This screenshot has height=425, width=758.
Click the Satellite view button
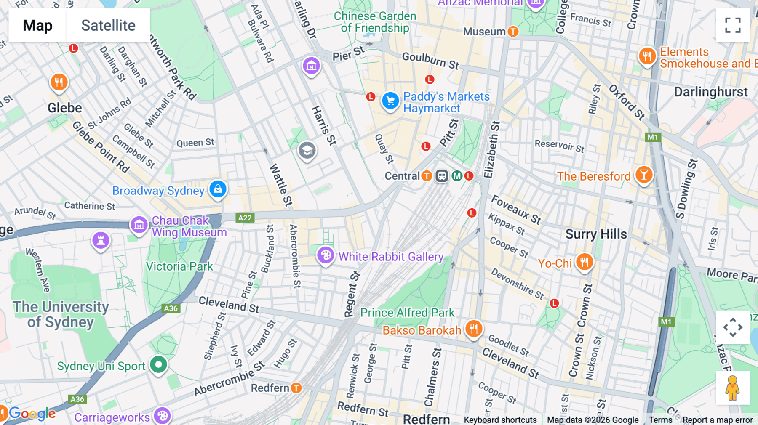[108, 25]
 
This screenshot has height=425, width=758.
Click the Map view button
[37, 25]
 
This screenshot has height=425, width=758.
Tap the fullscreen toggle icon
[733, 25]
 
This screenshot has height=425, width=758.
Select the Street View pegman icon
[733, 388]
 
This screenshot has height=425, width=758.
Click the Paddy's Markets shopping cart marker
[390, 101]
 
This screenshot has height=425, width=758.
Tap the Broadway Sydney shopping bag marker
[218, 189]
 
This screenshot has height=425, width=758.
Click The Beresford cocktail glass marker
[643, 174]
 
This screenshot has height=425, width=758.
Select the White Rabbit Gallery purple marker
[326, 255]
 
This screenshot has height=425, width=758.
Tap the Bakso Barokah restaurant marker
[474, 329]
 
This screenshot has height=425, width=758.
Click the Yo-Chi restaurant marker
[584, 262]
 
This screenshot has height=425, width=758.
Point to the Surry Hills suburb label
[596, 234]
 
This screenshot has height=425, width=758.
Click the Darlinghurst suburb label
[710, 92]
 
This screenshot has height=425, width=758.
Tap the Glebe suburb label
[65, 108]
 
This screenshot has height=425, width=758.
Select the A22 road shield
[245, 218]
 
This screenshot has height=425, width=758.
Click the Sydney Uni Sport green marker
[159, 364]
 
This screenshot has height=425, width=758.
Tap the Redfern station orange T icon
[296, 388]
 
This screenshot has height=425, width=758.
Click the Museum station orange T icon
[513, 32]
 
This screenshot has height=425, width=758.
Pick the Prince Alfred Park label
[407, 313]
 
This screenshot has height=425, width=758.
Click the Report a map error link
[717, 420]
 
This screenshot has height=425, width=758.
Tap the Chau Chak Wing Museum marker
[139, 225]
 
